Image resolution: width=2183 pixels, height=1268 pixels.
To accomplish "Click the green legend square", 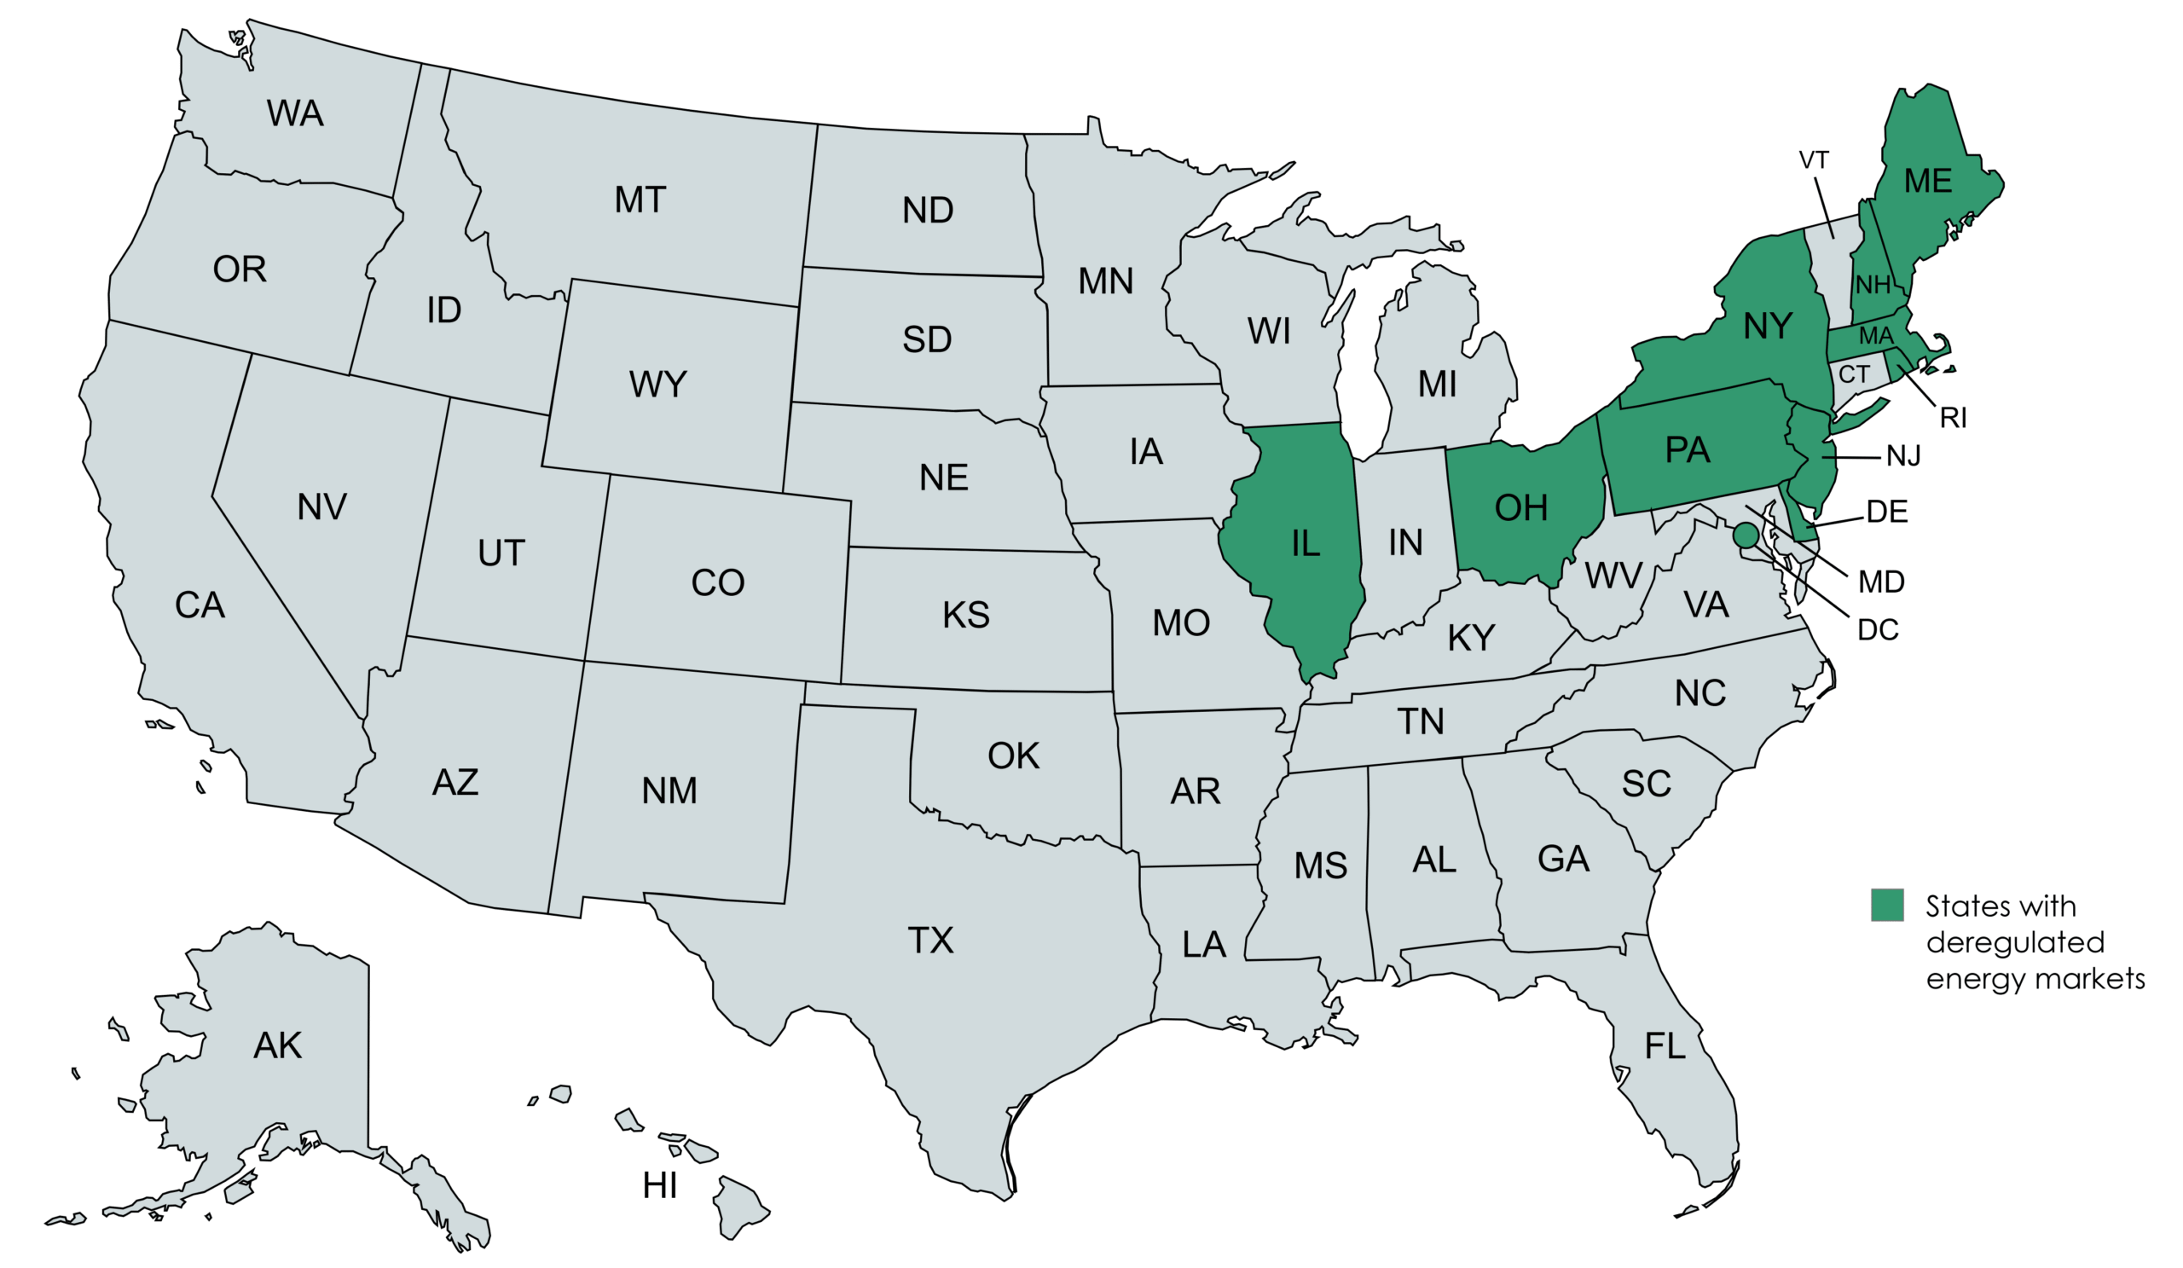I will (1887, 904).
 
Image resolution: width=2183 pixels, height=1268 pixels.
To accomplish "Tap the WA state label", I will (294, 113).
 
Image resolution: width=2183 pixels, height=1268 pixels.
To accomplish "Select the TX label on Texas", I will (930, 940).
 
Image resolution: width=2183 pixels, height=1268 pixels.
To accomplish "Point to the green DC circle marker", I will (1746, 536).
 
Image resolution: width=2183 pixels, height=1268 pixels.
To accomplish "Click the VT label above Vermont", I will (1813, 160).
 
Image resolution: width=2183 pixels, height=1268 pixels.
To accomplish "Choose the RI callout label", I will (1953, 419).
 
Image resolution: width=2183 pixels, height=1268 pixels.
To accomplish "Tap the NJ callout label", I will (1903, 455).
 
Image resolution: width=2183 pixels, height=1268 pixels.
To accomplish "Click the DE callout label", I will (1887, 512).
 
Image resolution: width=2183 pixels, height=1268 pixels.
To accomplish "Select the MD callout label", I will (1880, 582).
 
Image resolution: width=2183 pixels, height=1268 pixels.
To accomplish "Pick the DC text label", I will (1878, 629).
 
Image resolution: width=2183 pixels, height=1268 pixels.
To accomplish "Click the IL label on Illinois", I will (1306, 544).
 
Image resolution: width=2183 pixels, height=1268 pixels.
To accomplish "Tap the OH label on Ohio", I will (1521, 508).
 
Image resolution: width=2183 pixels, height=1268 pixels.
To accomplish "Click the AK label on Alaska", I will (277, 1045).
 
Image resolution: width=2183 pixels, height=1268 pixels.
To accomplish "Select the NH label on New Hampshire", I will (1872, 284).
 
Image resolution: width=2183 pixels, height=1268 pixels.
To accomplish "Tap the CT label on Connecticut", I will (1854, 374).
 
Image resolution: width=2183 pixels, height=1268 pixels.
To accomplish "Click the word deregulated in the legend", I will (2015, 941).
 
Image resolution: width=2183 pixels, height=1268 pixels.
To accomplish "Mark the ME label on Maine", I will (1927, 180).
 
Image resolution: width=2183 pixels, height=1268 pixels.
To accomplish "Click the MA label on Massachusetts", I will (1876, 335).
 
